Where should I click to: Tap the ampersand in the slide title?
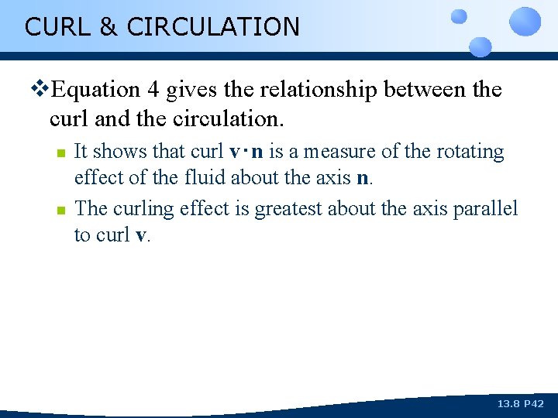[x=107, y=26]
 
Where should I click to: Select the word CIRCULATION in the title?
[x=212, y=26]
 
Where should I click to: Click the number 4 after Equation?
[x=153, y=90]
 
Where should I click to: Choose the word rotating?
[x=470, y=152]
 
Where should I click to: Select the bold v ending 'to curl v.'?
[x=140, y=235]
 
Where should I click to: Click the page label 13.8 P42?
[x=520, y=404]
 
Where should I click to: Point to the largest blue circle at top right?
[x=526, y=21]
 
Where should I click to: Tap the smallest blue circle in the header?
[x=460, y=15]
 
